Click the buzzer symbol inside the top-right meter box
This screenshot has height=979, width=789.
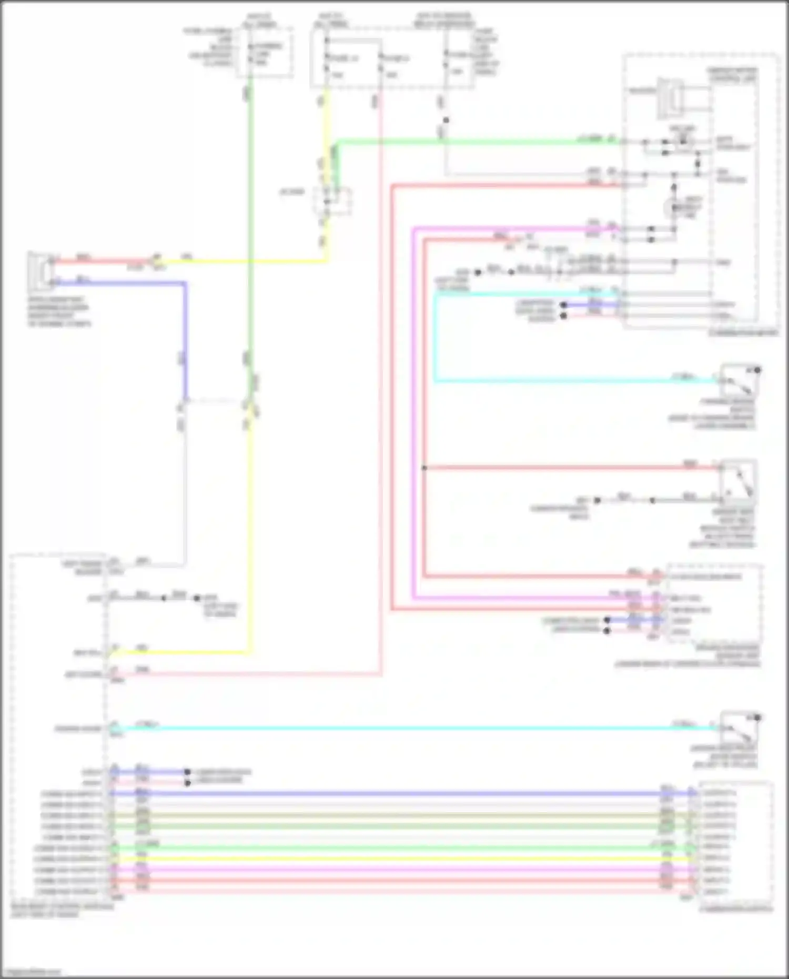[x=670, y=98]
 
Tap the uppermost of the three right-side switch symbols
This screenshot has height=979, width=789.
[x=739, y=380]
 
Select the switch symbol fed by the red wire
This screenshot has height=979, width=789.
[x=739, y=479]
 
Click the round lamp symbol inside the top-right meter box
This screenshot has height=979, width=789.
[x=673, y=208]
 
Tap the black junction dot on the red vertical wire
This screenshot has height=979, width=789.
[x=424, y=468]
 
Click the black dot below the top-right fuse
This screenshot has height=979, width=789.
[x=446, y=120]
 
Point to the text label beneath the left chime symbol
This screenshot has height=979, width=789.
[x=59, y=311]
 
